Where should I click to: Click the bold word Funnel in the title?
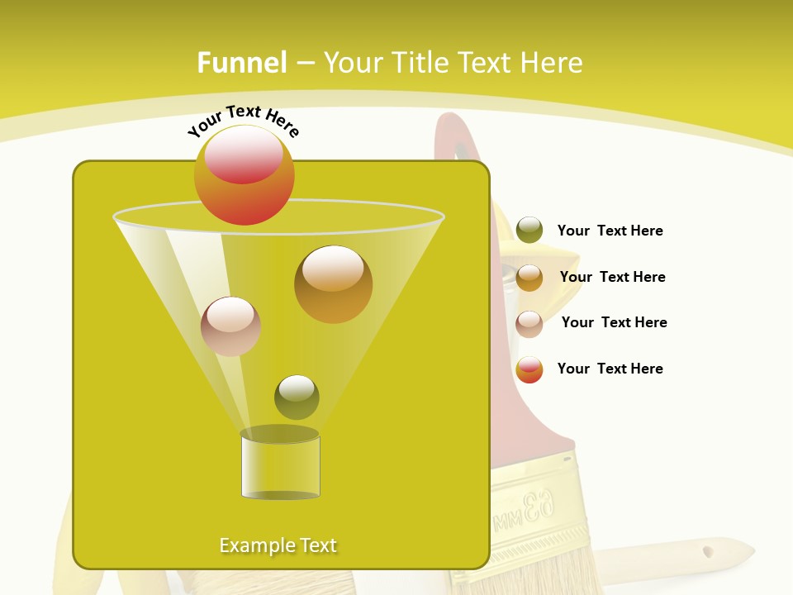pos(241,63)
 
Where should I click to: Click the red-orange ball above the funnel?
pos(245,175)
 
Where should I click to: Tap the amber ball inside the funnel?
pos(333,284)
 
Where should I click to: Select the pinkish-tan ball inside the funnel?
pos(230,326)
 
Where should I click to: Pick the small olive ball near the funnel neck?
pos(297,397)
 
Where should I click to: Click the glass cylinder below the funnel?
pos(280,467)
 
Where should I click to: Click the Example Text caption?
pos(278,545)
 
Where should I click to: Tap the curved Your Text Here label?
pos(244,120)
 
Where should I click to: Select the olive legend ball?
pos(529,231)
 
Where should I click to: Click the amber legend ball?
pos(529,278)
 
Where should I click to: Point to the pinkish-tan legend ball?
pos(529,324)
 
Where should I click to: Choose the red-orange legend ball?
pos(529,369)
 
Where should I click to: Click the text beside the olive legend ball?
pos(610,231)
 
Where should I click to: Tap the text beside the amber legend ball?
pos(612,278)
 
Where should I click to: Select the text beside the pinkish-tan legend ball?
pos(614,323)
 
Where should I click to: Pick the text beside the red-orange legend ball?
pos(610,369)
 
